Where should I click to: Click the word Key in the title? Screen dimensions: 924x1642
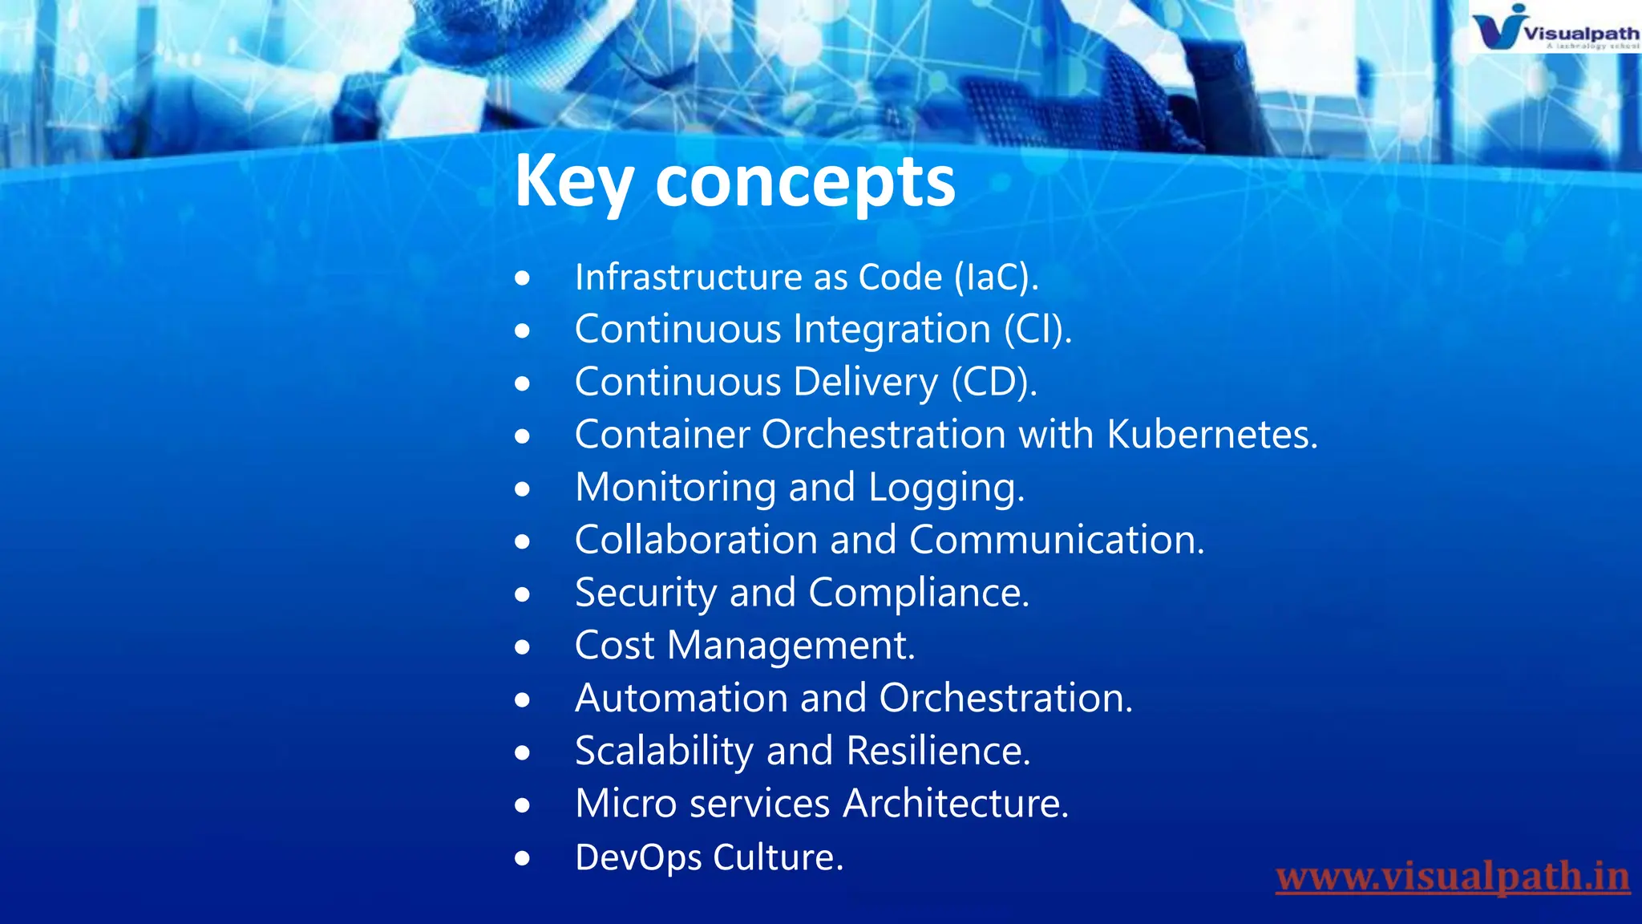tap(574, 182)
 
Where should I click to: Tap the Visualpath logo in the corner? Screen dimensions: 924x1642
tap(1554, 29)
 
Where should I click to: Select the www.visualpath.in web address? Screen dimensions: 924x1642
tap(1452, 877)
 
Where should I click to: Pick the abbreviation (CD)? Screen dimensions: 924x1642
tap(994, 383)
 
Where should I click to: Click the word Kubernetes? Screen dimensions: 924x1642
tap(1211, 435)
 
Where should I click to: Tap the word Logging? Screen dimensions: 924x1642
tap(946, 488)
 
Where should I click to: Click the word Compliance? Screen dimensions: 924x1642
tap(918, 594)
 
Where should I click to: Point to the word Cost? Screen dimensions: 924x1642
tap(614, 646)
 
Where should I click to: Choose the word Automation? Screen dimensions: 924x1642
tap(681, 699)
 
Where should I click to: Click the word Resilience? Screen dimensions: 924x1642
tap(938, 752)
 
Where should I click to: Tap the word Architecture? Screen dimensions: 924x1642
tap(956, 804)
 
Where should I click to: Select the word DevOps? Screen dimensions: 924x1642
tap(638, 857)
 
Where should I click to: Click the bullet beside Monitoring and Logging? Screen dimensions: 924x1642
tap(523, 488)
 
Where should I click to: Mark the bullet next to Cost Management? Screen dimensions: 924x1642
tap(523, 646)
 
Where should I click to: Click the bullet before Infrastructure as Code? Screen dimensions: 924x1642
tap(523, 278)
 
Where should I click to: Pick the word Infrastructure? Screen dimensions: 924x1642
tap(688, 278)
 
